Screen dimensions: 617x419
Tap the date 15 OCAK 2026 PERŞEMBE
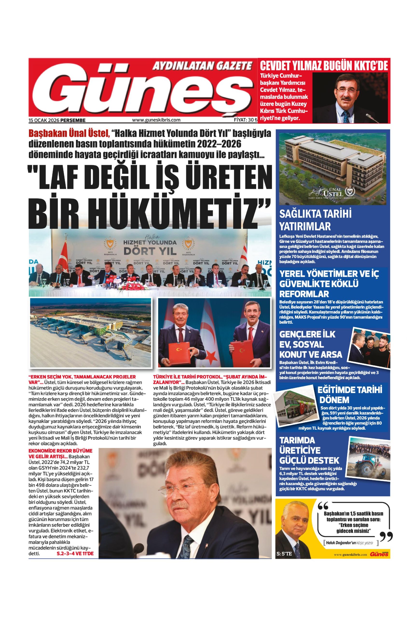pyautogui.click(x=57, y=120)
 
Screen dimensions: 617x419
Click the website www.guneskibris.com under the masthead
pyautogui.click(x=156, y=120)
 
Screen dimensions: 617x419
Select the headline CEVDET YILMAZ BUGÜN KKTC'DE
pyautogui.click(x=324, y=66)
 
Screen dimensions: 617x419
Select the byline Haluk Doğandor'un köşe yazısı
pyautogui.click(x=350, y=534)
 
